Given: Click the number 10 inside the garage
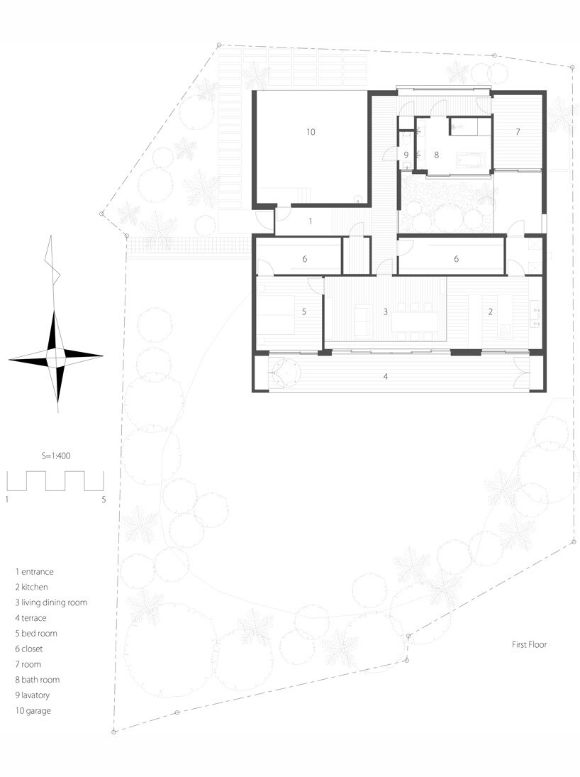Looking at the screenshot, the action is pos(311,132).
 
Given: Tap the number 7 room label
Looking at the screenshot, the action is pos(518,132).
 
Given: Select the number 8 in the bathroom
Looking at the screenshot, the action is pos(436,155).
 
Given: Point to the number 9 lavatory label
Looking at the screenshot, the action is pos(406,155).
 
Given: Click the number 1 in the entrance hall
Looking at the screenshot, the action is pos(311,221).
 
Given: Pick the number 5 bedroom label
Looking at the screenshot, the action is pos(304,312).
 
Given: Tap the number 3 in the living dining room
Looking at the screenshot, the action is pos(385,312).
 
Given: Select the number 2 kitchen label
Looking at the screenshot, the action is pos(491,312).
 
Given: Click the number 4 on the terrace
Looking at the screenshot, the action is pos(385,377).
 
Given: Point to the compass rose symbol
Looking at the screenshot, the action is pos(56,356).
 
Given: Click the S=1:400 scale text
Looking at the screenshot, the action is pos(55,456).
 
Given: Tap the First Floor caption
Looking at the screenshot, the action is pos(529,645).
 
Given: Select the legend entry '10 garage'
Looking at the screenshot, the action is pos(33,710).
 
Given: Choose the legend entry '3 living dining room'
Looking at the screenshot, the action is pos(51,602).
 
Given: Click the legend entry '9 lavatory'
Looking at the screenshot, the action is pos(32,695).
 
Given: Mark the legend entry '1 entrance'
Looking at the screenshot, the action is pos(34,571).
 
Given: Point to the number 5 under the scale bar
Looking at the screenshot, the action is pos(104,500).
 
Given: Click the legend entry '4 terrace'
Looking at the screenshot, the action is pos(30,618).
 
